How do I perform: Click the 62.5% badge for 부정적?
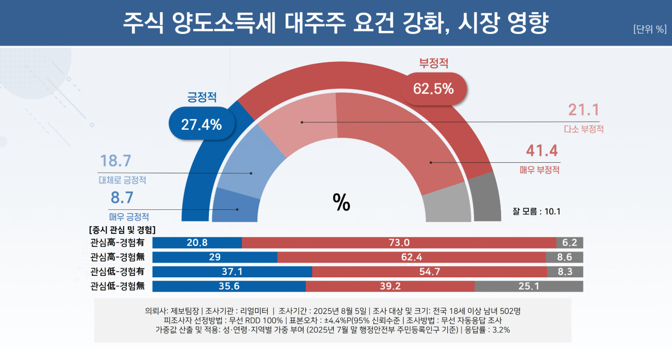[x=433, y=89]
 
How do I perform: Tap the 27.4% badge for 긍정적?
[x=201, y=125]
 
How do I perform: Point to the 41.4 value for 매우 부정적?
[x=542, y=151]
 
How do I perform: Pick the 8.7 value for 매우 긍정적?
[x=122, y=198]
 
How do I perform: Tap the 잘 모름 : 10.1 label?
[x=536, y=211]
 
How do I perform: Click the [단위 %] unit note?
[x=649, y=29]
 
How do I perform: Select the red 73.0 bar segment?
[x=399, y=243]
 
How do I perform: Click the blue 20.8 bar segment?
[x=197, y=243]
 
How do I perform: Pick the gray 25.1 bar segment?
[x=528, y=286]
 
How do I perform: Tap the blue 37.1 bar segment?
[x=232, y=272]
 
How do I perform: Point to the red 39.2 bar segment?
[x=390, y=286]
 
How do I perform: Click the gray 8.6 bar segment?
[x=564, y=257]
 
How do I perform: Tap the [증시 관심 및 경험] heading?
[x=122, y=229]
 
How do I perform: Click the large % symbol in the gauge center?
[x=341, y=203]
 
